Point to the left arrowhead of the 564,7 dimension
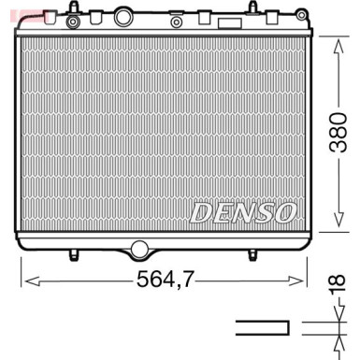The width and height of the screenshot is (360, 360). tap(26, 278)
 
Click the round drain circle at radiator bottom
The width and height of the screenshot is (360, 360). tap(139, 250)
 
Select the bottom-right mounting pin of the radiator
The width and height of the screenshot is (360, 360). tap(252, 253)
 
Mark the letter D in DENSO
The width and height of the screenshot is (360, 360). tap(202, 212)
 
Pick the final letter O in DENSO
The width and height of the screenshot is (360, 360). tap(287, 212)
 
